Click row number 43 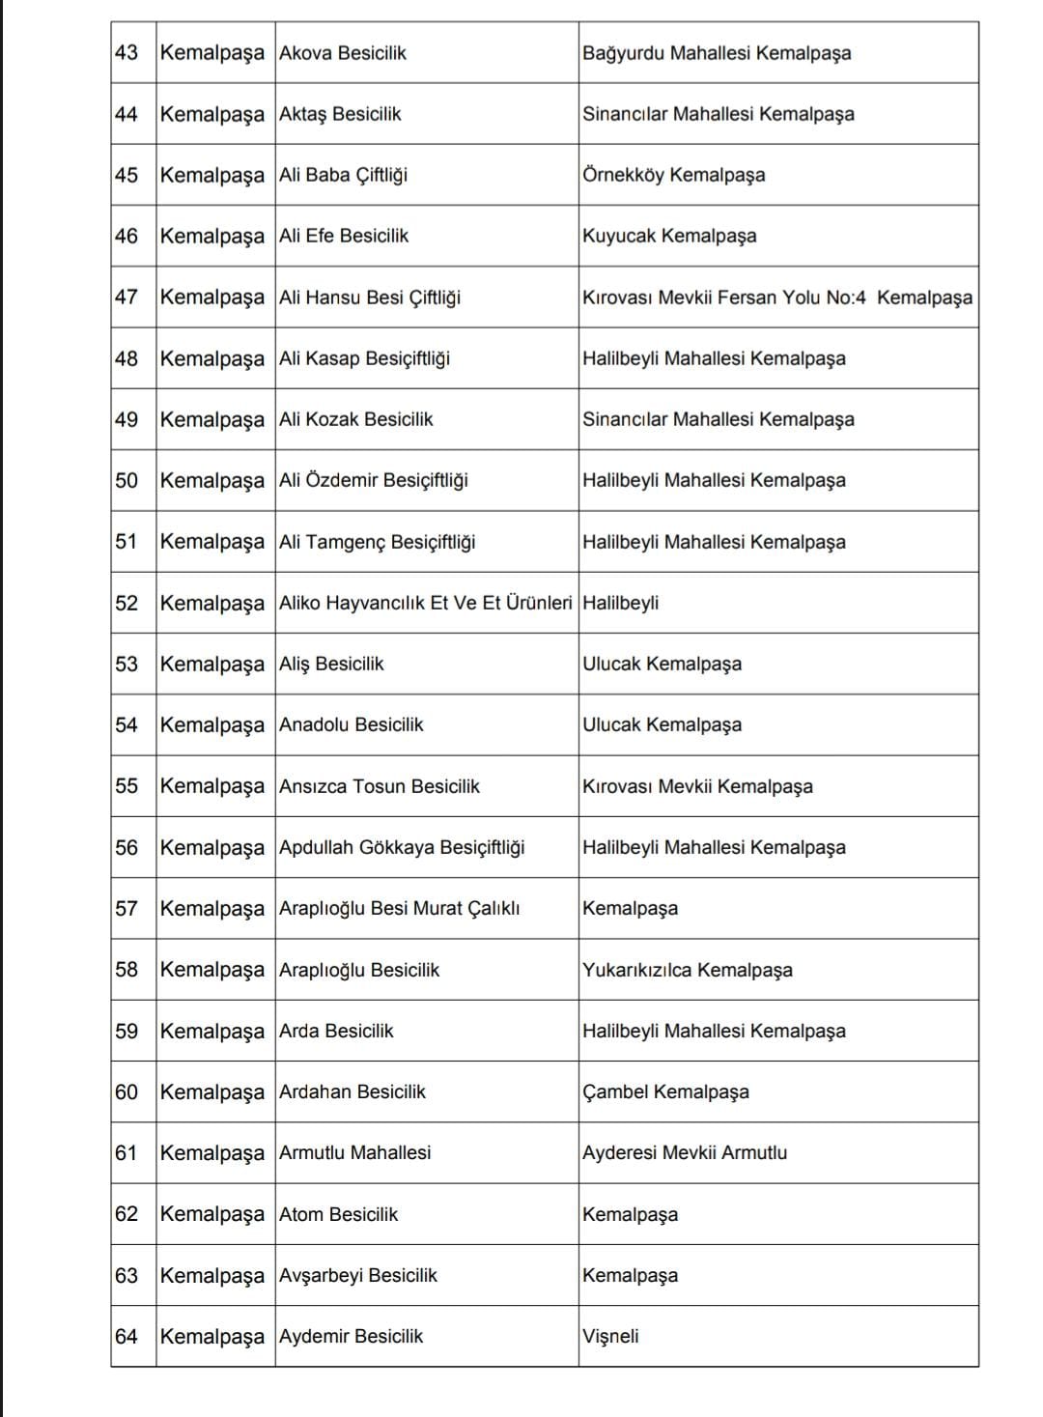coord(127,52)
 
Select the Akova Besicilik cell coord(343,52)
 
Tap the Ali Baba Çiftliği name coord(343,175)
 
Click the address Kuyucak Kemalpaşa coord(669,236)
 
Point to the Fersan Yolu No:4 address coord(776,298)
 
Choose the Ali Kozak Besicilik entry coord(355,419)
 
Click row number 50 coord(127,480)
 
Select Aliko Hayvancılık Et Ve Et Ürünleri coord(425,603)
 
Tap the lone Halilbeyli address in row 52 coord(620,603)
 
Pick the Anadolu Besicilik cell coord(351,724)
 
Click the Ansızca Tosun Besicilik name coord(379,786)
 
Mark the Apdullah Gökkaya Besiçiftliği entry coord(402,847)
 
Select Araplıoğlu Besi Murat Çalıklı coord(399,908)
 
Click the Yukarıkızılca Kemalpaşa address coord(687,970)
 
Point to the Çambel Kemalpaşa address coord(665,1091)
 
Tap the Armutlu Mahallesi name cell coord(354,1152)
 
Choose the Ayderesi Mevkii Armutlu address coord(684,1152)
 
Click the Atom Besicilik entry coord(338,1214)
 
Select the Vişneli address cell coord(610,1337)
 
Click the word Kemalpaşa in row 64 coord(211,1337)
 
